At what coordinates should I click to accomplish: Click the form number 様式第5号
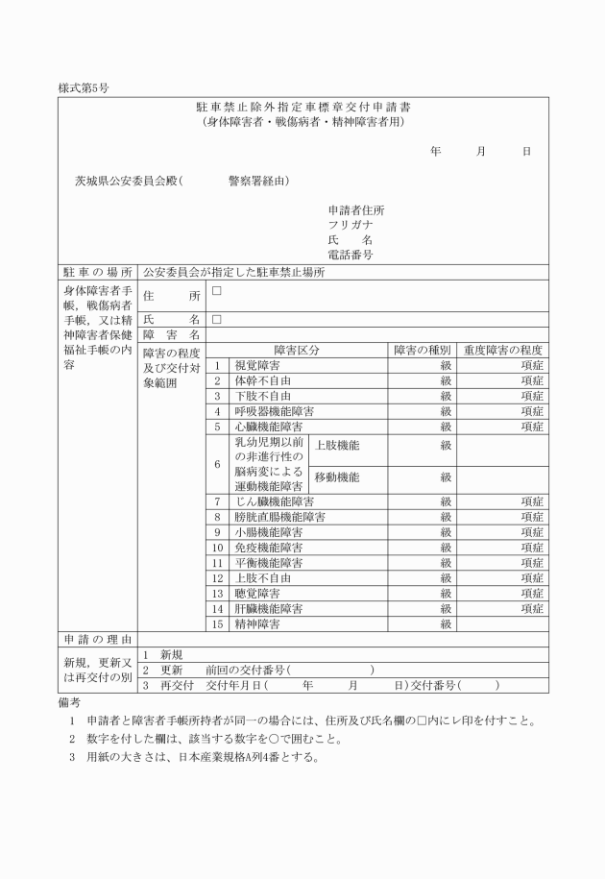85,87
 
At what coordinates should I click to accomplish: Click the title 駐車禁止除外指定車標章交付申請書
302,107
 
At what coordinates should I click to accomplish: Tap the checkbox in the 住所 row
217,291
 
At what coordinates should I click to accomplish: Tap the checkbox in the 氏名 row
217,318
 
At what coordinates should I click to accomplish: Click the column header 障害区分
297,351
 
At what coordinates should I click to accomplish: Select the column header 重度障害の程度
503,351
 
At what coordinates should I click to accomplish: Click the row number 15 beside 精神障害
218,624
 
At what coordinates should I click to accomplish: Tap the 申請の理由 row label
97,638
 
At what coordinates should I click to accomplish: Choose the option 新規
175,653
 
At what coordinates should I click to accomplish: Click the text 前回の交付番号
247,670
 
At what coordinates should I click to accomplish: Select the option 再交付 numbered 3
178,685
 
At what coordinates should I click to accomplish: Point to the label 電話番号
351,255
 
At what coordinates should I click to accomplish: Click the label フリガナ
351,225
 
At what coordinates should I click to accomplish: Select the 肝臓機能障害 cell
270,609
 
